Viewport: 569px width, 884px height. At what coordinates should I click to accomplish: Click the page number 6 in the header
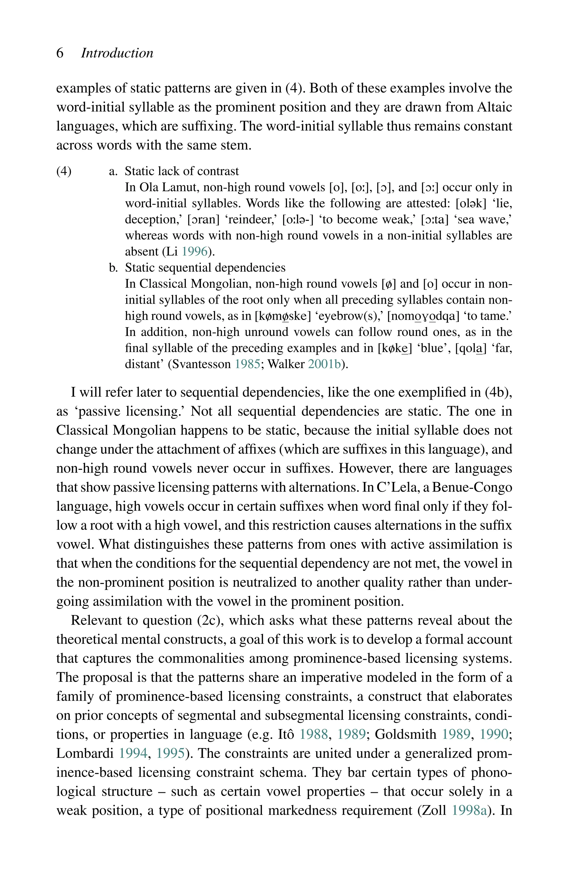[60, 53]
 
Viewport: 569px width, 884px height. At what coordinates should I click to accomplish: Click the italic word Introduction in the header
[117, 53]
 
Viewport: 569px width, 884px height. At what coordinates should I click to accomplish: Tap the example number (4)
[64, 171]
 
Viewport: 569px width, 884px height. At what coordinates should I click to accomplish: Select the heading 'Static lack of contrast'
[182, 171]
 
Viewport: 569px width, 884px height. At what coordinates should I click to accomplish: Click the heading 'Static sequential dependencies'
[205, 268]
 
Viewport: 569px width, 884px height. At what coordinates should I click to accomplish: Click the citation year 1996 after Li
[195, 252]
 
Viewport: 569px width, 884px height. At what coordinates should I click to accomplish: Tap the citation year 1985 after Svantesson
[248, 364]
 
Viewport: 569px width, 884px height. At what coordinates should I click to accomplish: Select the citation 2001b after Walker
[325, 364]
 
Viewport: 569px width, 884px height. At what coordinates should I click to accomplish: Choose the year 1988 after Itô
[314, 734]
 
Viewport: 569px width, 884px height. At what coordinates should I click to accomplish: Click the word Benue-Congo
[472, 487]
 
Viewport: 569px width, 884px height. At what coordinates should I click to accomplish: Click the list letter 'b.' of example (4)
[113, 268]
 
